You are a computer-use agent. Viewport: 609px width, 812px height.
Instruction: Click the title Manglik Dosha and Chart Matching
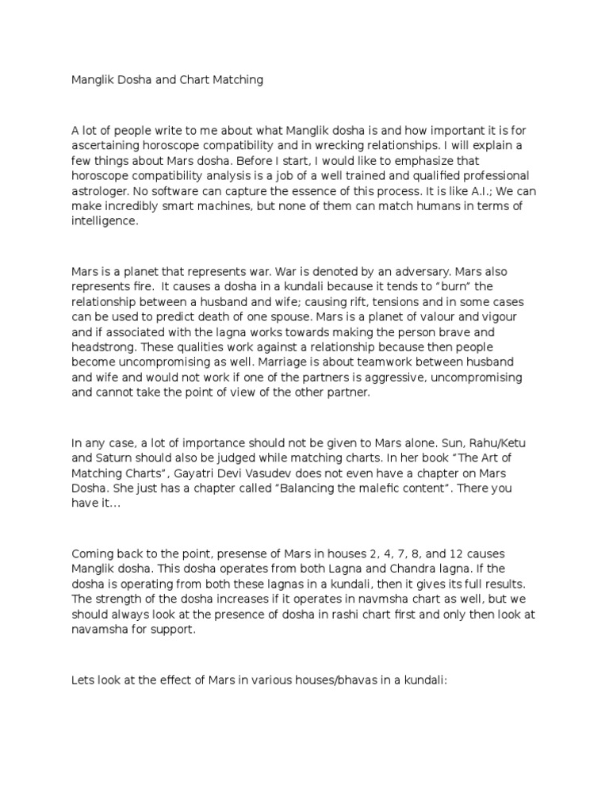[x=167, y=80]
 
